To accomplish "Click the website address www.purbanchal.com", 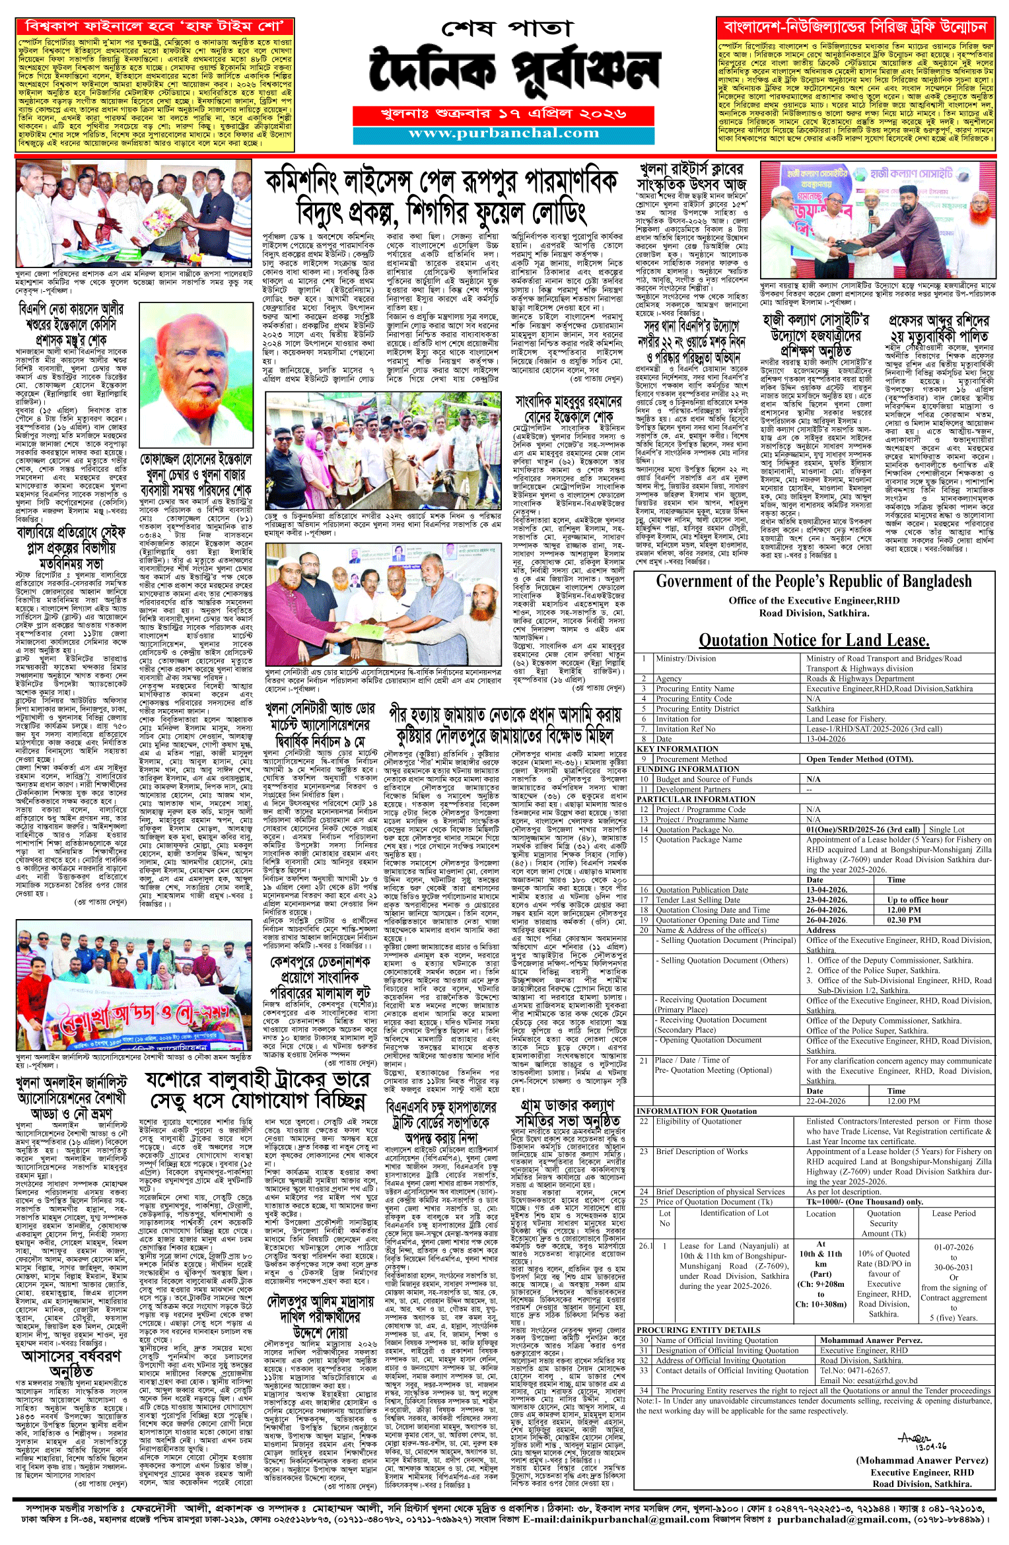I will [x=503, y=133].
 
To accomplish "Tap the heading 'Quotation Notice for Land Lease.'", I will [x=814, y=640].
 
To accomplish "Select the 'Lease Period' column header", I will [x=953, y=1214].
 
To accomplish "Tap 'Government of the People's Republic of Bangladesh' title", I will [x=814, y=582].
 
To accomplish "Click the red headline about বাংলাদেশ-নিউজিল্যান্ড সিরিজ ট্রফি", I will [x=855, y=27].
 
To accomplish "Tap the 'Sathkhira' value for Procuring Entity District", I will [x=820, y=708].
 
